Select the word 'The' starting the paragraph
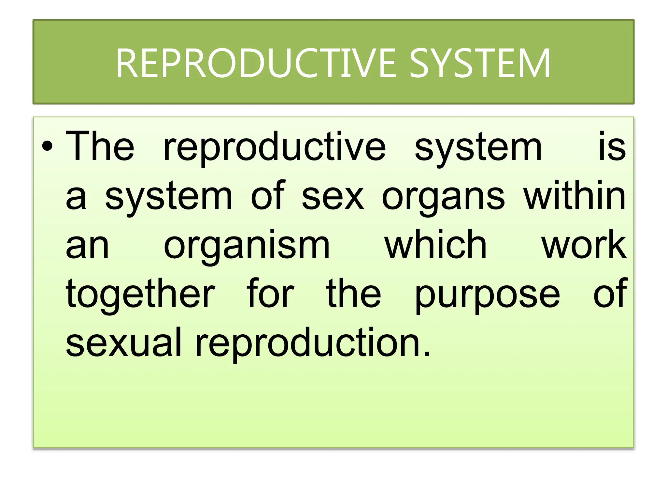tap(100, 146)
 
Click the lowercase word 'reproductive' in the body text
tap(275, 148)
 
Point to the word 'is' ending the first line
tap(612, 146)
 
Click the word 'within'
tap(575, 196)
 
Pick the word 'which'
tap(436, 245)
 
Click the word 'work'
tap(584, 245)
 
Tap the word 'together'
tap(140, 295)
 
